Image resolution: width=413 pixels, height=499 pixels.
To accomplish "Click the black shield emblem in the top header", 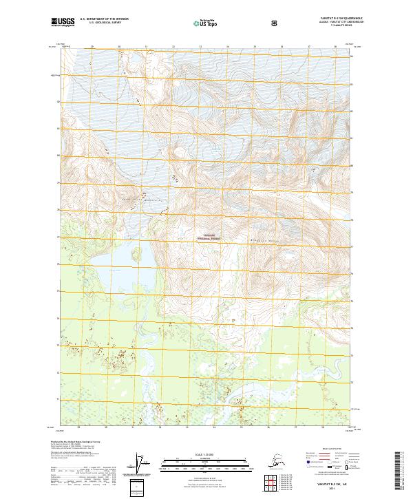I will click(275, 23).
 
